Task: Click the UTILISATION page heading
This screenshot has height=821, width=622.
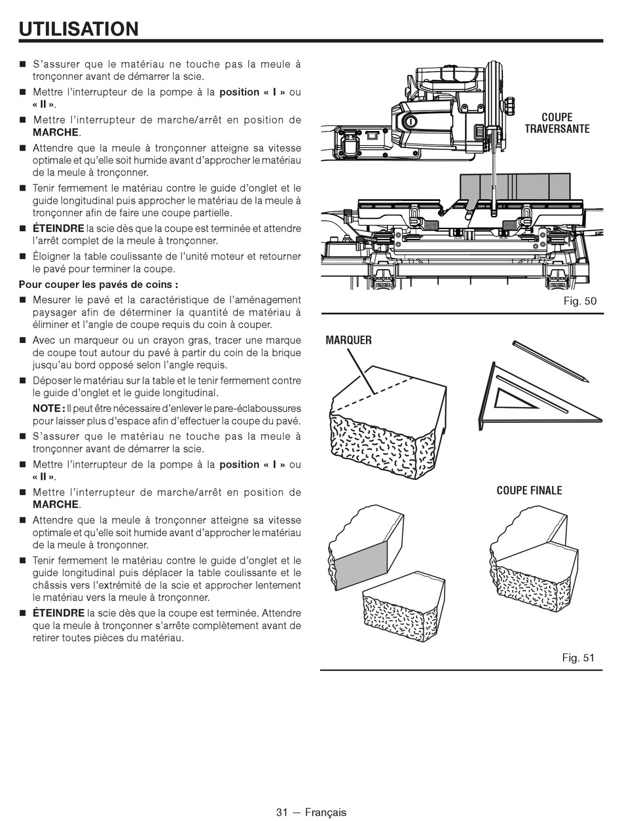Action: tap(79, 29)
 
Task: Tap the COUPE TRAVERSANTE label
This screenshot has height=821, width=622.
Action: tap(557, 123)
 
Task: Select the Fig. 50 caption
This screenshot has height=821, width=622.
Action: tap(579, 301)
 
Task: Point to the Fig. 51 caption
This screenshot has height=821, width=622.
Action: tap(578, 657)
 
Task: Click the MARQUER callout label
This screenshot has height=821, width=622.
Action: tap(348, 340)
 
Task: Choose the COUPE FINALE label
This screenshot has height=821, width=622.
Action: tap(529, 490)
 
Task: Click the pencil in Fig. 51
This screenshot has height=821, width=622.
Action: tap(550, 361)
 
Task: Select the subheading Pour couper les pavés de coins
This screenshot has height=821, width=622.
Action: tap(98, 284)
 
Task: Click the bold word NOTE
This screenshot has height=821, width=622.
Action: tap(46, 408)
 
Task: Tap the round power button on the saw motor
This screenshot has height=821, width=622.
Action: tap(411, 122)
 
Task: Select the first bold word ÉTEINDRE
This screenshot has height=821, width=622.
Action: tap(58, 228)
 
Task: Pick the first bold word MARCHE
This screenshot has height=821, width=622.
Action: tap(56, 132)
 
